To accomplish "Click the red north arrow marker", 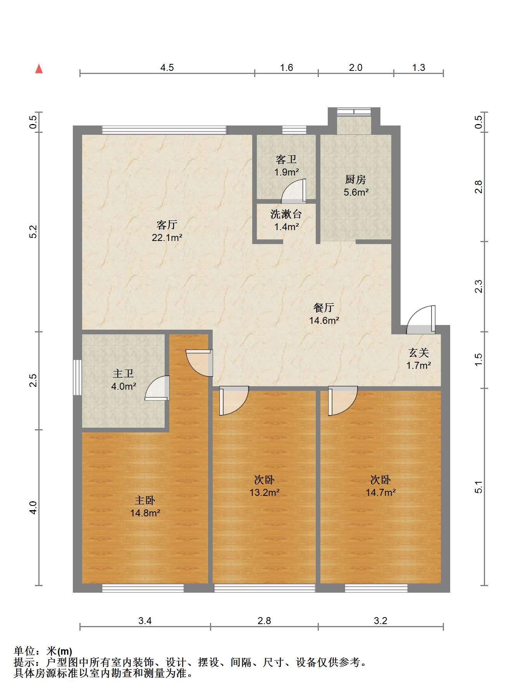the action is (39, 69).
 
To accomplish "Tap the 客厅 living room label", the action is (167, 224).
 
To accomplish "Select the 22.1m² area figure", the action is (167, 237).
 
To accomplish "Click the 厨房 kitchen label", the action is (356, 179).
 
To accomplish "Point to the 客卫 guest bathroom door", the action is (294, 191).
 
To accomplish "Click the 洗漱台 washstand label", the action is (286, 214).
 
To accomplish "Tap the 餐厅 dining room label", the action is (324, 308).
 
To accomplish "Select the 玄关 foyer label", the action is (419, 353).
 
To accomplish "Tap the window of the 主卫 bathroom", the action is (77, 377).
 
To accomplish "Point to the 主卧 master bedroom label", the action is (145, 500).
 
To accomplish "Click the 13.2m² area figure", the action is (265, 492).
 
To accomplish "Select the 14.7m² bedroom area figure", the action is (381, 492).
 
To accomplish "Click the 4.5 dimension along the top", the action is (167, 68).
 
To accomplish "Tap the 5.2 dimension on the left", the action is (33, 232).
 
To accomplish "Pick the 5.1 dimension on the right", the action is (479, 487).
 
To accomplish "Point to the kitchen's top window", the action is (354, 112).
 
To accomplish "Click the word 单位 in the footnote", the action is (24, 651).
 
